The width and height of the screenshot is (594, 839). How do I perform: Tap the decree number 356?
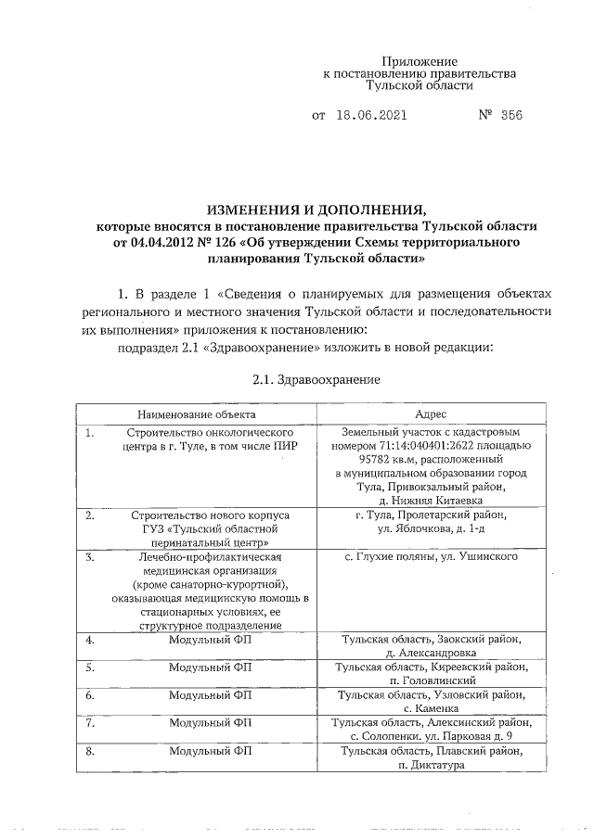pyautogui.click(x=510, y=117)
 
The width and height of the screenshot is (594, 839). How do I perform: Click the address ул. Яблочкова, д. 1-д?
pyautogui.click(x=433, y=528)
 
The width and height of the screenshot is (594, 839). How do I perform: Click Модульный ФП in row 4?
pyautogui.click(x=212, y=640)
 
